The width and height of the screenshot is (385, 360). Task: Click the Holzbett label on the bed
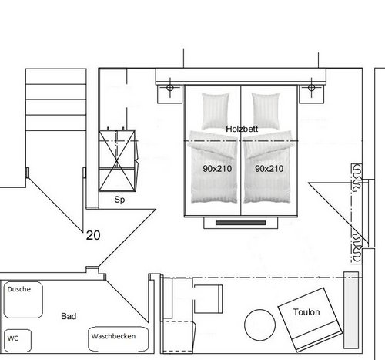[x=242, y=129]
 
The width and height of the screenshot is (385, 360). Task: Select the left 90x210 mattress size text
[x=217, y=169]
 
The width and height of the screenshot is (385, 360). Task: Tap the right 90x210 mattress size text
[x=269, y=169]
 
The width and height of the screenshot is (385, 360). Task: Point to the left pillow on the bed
[x=215, y=111]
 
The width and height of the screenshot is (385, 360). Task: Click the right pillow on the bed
[x=266, y=111]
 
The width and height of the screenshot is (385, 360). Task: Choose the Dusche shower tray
[x=23, y=300]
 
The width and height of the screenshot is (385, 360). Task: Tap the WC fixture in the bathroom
[x=18, y=341]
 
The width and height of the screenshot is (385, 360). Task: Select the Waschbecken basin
[x=119, y=339]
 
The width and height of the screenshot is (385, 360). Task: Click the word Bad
[x=69, y=316]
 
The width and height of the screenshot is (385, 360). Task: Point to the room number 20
[x=93, y=235]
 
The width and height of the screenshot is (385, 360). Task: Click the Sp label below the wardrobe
[x=119, y=200]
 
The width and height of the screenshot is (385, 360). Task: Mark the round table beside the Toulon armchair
[x=259, y=325]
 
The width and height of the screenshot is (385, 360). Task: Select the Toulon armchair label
[x=306, y=312]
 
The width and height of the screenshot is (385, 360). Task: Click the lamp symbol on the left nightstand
[x=170, y=88]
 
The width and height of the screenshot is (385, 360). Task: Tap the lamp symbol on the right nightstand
[x=312, y=88]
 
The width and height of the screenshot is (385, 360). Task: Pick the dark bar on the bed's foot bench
[x=241, y=223]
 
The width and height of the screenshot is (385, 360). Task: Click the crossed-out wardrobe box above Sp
[x=117, y=160]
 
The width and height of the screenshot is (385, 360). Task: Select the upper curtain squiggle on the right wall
[x=357, y=178]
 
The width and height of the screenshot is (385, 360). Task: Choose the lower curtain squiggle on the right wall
[x=357, y=248]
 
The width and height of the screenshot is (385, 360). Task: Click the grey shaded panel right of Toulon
[x=351, y=310]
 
